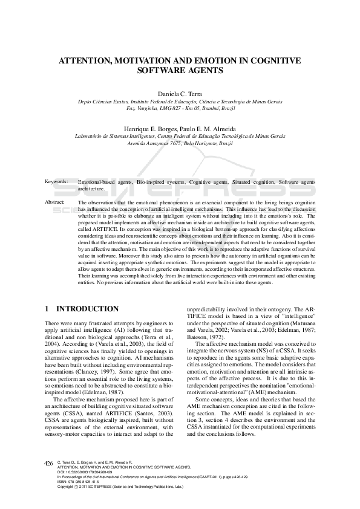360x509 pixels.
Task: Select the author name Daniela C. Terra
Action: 180,94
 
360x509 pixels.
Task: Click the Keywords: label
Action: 56,182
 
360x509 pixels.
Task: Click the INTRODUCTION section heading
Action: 91,309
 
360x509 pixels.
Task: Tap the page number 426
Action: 49,464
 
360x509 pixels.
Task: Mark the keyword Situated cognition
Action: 251,182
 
